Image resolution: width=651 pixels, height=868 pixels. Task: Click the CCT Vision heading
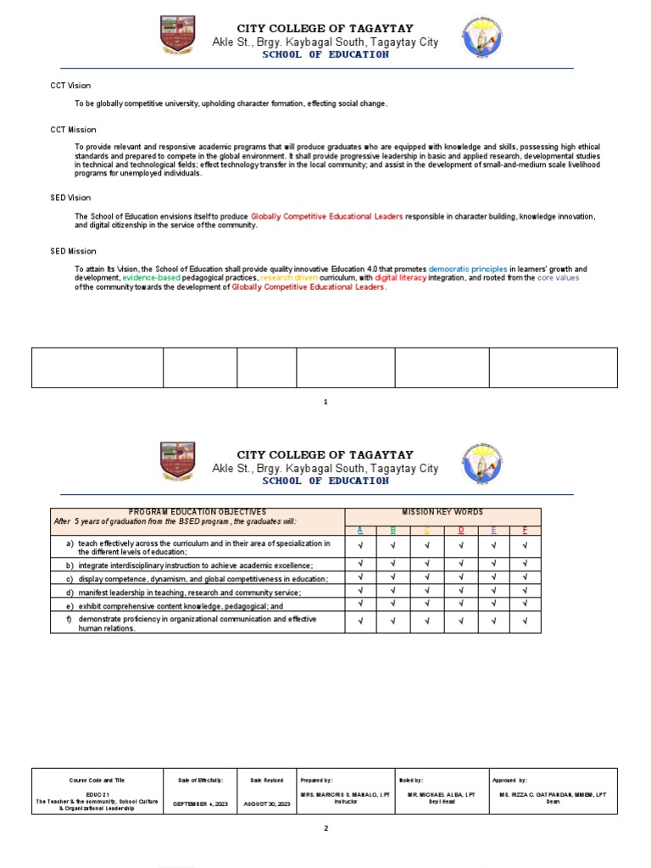point(70,86)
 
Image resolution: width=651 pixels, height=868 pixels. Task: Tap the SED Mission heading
point(73,251)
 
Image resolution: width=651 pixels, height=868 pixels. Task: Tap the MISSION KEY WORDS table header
point(442,512)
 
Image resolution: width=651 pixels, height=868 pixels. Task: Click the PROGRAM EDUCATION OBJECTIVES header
point(197,512)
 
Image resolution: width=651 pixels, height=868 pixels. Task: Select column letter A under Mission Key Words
point(360,530)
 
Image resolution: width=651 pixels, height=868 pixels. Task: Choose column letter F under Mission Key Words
point(525,530)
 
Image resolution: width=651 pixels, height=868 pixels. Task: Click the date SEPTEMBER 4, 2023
point(200,803)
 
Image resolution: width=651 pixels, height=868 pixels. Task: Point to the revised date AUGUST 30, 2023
point(266,803)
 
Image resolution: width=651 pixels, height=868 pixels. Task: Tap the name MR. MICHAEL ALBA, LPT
point(441,794)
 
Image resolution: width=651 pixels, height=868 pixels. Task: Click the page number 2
point(325,829)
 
